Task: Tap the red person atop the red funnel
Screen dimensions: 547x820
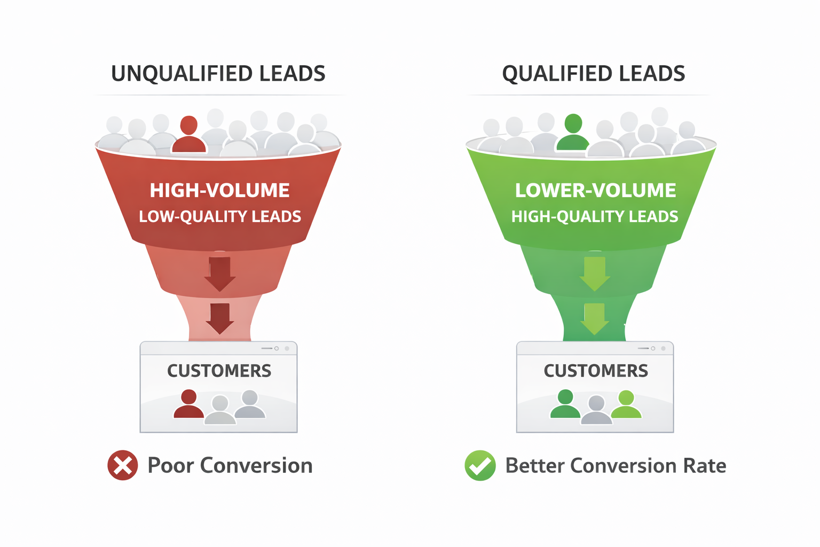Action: click(189, 135)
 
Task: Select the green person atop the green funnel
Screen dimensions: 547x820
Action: click(573, 133)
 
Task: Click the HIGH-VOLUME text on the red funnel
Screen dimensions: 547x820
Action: click(219, 191)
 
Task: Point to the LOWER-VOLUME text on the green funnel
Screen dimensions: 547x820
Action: click(595, 191)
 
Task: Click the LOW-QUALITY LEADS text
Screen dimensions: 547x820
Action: click(219, 216)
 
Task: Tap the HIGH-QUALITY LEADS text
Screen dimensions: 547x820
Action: click(595, 216)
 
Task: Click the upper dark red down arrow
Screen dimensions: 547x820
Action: click(219, 273)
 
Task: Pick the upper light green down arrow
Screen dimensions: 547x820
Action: click(595, 273)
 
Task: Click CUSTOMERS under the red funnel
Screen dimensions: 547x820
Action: click(219, 371)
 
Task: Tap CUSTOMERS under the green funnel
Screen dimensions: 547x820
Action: click(596, 371)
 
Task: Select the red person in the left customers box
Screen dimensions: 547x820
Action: click(188, 404)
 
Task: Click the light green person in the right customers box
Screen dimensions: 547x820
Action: click(626, 405)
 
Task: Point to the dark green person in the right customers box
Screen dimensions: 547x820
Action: click(565, 404)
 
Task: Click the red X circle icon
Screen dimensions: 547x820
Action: click(123, 465)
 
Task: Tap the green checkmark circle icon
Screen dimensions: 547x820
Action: click(480, 465)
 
